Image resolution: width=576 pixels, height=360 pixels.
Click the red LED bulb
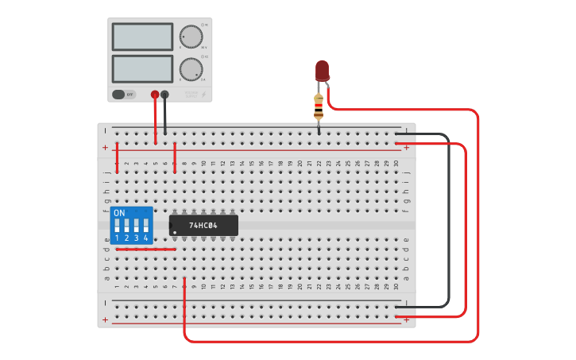pos(322,70)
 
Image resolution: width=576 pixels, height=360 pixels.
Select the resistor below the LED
pos(319,106)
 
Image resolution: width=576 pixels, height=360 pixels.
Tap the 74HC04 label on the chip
pos(204,226)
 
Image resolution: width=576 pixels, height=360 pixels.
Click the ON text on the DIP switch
pos(119,214)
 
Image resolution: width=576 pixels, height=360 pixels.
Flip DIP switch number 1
pos(117,227)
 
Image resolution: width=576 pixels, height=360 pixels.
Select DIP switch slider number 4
pos(145,227)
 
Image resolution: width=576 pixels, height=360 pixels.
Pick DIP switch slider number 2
pos(126,227)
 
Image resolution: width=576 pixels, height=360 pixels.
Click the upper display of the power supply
pos(142,37)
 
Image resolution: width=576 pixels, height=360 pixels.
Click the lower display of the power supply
pos(142,68)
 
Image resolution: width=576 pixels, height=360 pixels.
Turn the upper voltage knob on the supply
pos(191,37)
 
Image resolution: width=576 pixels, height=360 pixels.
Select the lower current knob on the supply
pos(191,68)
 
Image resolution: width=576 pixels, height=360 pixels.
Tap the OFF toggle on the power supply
pos(123,95)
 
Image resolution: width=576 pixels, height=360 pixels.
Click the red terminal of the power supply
pos(155,95)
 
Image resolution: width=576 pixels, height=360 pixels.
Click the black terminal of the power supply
pos(164,95)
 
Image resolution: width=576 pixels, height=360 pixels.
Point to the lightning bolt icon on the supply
pos(203,95)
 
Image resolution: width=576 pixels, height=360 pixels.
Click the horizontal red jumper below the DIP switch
pos(145,250)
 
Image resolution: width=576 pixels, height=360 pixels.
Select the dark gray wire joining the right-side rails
pos(448,223)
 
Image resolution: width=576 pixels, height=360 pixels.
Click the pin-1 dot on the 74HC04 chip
pos(175,233)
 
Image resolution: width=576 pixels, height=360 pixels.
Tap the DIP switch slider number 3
pos(136,227)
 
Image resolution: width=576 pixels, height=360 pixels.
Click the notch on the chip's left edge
pos(171,226)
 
